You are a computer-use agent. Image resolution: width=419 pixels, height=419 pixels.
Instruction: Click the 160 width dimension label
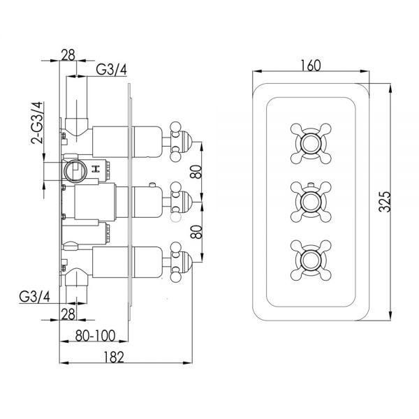coord(311,66)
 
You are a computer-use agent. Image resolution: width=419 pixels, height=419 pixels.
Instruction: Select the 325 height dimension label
coord(385,202)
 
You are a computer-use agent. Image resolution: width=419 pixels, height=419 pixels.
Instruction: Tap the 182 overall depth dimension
coord(114,358)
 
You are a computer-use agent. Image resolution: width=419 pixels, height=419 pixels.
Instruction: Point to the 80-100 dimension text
coord(96,336)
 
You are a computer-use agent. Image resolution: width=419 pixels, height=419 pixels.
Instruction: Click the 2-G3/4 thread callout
coord(37,123)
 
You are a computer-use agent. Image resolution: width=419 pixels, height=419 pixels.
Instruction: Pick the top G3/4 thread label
coord(111,70)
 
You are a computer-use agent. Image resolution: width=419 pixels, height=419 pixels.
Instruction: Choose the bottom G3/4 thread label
coord(34,297)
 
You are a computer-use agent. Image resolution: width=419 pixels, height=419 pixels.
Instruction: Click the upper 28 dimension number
coord(68,55)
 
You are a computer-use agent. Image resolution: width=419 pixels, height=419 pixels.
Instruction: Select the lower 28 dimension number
coord(68,314)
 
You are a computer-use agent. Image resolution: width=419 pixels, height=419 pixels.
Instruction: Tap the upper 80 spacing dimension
coord(196,172)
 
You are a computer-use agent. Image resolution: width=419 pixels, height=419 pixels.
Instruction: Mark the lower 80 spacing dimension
coord(196,232)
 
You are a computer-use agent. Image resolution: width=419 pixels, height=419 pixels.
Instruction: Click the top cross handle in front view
coord(311,143)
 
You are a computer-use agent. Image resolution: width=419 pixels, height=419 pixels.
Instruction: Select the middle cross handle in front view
coord(311,202)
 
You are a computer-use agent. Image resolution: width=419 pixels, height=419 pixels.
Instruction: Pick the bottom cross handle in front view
coord(311,260)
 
